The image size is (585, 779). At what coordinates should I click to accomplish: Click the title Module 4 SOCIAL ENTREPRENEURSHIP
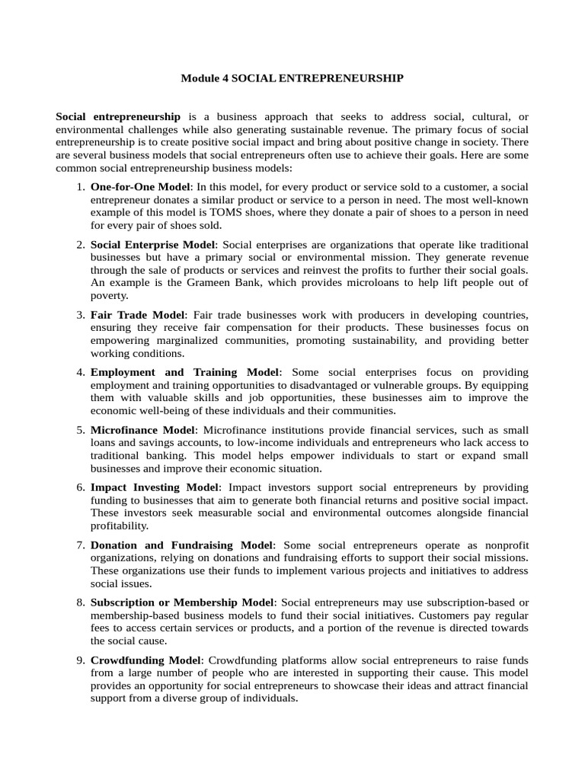click(x=292, y=78)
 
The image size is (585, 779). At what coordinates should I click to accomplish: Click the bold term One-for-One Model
click(x=139, y=186)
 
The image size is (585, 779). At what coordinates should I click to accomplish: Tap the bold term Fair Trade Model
click(x=137, y=314)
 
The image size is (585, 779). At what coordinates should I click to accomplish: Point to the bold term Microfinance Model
click(x=142, y=430)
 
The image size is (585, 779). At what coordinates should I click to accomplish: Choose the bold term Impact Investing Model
click(x=155, y=487)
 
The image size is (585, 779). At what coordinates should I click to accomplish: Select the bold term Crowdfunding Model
click(x=145, y=660)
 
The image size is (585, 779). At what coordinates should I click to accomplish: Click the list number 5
click(x=80, y=430)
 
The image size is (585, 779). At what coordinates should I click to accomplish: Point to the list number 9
click(x=80, y=660)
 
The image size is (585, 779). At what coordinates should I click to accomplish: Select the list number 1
click(x=80, y=186)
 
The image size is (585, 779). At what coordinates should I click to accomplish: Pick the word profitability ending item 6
click(x=120, y=526)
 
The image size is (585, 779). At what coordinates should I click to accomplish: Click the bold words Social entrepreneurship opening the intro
click(x=118, y=117)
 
